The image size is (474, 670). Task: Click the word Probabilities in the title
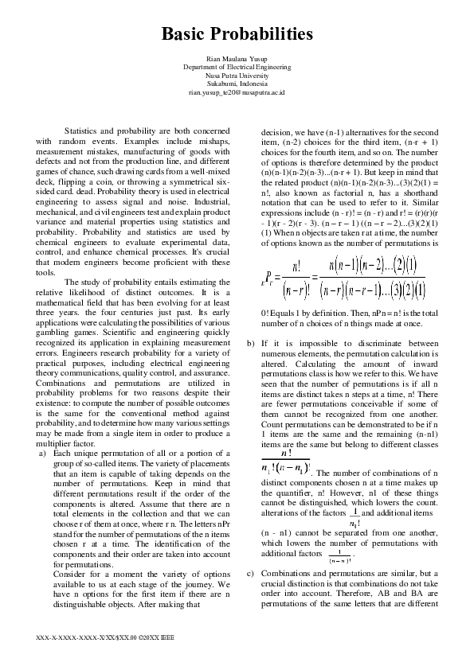pos(264,34)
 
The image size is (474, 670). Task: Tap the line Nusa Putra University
pos(237,76)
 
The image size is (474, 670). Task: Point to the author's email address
pos(237,92)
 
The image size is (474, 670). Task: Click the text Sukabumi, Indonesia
pos(237,84)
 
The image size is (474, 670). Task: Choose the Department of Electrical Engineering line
pos(237,68)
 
